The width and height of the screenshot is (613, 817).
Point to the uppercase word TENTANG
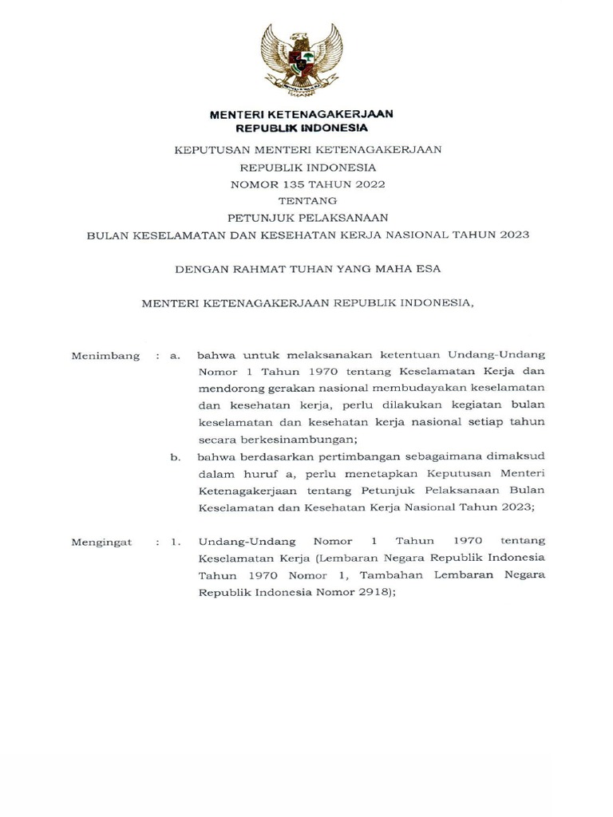click(307, 201)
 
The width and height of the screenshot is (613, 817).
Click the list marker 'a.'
click(176, 355)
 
